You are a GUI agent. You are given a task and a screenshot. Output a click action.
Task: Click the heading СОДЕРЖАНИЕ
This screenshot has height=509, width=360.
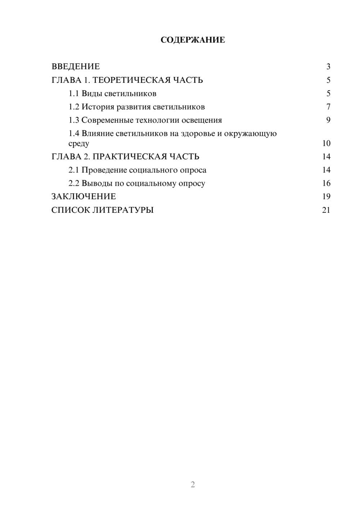tap(193, 40)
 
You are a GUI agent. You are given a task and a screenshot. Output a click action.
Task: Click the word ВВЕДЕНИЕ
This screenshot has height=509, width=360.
tap(76, 67)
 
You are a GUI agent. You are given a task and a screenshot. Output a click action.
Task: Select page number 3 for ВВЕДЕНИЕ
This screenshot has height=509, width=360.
tap(328, 67)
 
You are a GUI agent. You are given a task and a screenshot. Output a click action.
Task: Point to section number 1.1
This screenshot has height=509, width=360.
tap(74, 94)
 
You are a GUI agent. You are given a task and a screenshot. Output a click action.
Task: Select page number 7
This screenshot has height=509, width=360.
tap(328, 107)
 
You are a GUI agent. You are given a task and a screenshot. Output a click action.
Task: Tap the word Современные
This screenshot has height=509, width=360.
tap(107, 120)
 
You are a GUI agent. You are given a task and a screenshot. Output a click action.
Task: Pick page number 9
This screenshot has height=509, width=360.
tap(328, 120)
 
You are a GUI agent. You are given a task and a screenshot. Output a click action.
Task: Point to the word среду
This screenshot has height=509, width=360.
tap(79, 144)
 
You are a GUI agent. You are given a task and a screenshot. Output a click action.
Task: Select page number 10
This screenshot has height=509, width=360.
tap(326, 143)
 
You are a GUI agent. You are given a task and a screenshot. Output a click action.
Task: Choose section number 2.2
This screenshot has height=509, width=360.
tap(74, 183)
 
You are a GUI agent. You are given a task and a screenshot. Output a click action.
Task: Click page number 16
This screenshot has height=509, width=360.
tap(326, 183)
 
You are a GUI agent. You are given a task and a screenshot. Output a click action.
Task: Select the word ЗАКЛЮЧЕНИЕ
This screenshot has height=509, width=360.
tap(84, 197)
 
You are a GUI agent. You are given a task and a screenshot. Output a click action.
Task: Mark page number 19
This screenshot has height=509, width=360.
tap(326, 197)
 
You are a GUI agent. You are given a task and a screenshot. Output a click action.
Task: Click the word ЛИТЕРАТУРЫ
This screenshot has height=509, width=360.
tap(123, 210)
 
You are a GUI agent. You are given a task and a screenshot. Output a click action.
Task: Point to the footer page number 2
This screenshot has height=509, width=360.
tap(193, 485)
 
